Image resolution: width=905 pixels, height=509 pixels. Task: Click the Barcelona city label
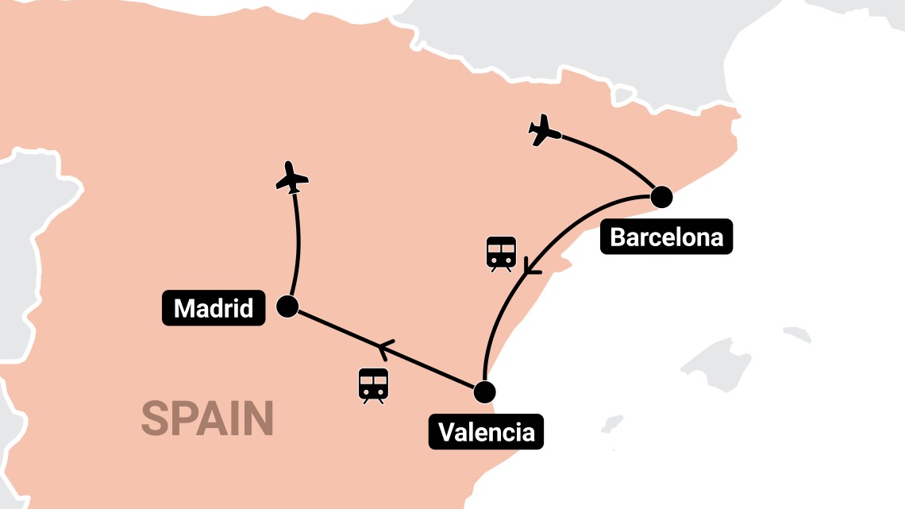pos(666,237)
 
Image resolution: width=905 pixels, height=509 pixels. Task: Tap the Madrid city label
pos(213,307)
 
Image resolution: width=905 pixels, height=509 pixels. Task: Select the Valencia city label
pos(486,432)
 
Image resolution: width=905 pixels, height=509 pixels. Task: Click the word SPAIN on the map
pos(208,418)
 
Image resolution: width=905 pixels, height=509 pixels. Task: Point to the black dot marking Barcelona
pos(660,196)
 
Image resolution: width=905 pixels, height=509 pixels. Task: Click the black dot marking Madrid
pos(287,307)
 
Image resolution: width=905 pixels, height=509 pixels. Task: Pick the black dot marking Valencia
pos(483,392)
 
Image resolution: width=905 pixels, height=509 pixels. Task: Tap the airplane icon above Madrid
pos(292,177)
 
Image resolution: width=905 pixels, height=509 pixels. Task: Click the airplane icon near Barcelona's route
pos(544,130)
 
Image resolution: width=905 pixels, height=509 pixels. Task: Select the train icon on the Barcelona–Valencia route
pos(501,253)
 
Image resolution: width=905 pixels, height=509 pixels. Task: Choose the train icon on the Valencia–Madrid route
pos(373,384)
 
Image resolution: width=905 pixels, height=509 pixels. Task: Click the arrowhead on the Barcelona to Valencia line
pos(530,268)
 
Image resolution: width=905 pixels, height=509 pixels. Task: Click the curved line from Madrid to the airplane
pos(298,242)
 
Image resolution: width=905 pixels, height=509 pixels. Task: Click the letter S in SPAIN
pos(155,418)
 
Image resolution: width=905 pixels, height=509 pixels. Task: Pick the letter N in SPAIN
pos(260,418)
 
